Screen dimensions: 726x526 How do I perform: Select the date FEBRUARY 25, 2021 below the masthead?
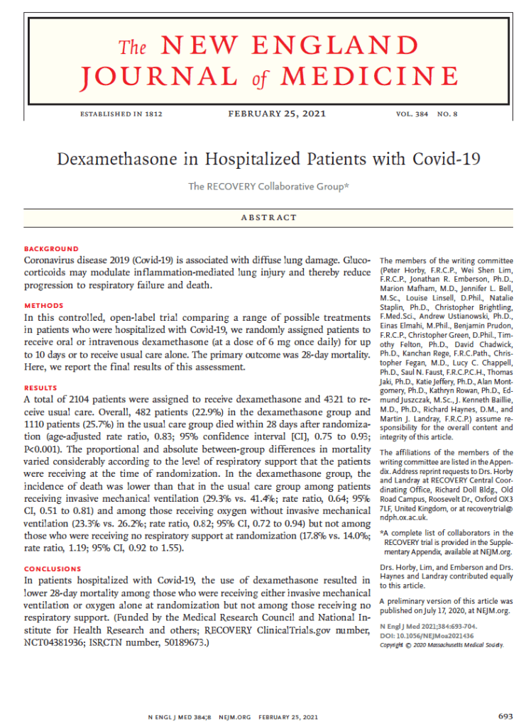coord(272,114)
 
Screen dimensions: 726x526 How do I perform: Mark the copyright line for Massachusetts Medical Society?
coord(441,644)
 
